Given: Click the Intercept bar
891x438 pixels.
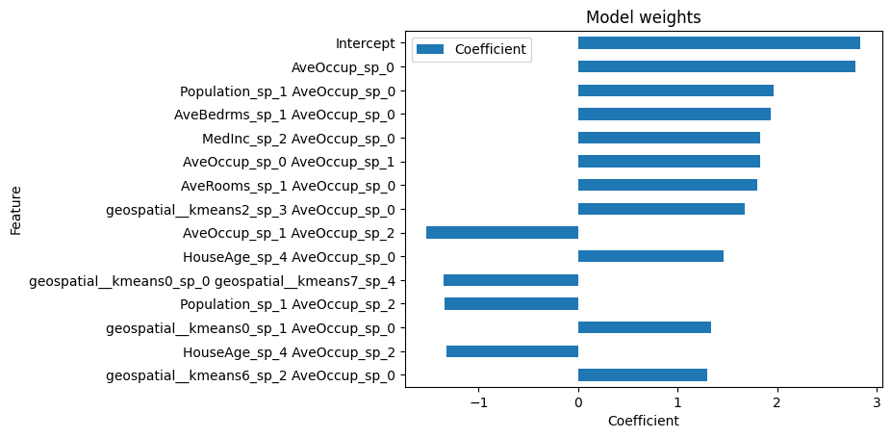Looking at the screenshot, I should (x=719, y=43).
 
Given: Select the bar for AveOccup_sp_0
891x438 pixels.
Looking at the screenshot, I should (x=716, y=66).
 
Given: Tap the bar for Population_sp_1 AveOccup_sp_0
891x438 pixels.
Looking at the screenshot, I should (x=675, y=90).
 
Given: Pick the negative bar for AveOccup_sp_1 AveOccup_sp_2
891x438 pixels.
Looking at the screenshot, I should (x=502, y=232).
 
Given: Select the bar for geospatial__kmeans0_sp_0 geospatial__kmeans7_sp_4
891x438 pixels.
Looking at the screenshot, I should (x=511, y=280).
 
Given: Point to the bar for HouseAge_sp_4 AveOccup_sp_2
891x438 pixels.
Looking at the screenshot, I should (x=512, y=351).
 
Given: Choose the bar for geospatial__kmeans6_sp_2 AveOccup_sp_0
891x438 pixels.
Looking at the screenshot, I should (x=643, y=374).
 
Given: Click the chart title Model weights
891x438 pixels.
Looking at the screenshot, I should (x=644, y=17).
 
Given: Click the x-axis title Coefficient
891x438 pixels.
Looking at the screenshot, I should (x=643, y=421).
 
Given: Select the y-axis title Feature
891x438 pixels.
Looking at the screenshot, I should (x=16, y=209).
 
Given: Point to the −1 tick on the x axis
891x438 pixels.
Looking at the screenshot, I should (x=478, y=401).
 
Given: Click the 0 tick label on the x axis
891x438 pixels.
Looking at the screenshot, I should (x=578, y=401).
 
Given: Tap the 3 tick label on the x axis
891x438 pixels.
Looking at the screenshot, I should (x=877, y=401).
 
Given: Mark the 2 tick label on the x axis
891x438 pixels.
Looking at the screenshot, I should (x=777, y=401).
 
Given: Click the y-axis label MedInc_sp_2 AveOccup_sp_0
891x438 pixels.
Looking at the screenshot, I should (x=297, y=138).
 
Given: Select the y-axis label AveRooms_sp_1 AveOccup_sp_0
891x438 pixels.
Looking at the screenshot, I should (x=287, y=185).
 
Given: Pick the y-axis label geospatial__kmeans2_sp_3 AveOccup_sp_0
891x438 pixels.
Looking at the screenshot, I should (x=249, y=209).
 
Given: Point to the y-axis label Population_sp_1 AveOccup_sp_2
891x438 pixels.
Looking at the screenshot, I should (x=287, y=304).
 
